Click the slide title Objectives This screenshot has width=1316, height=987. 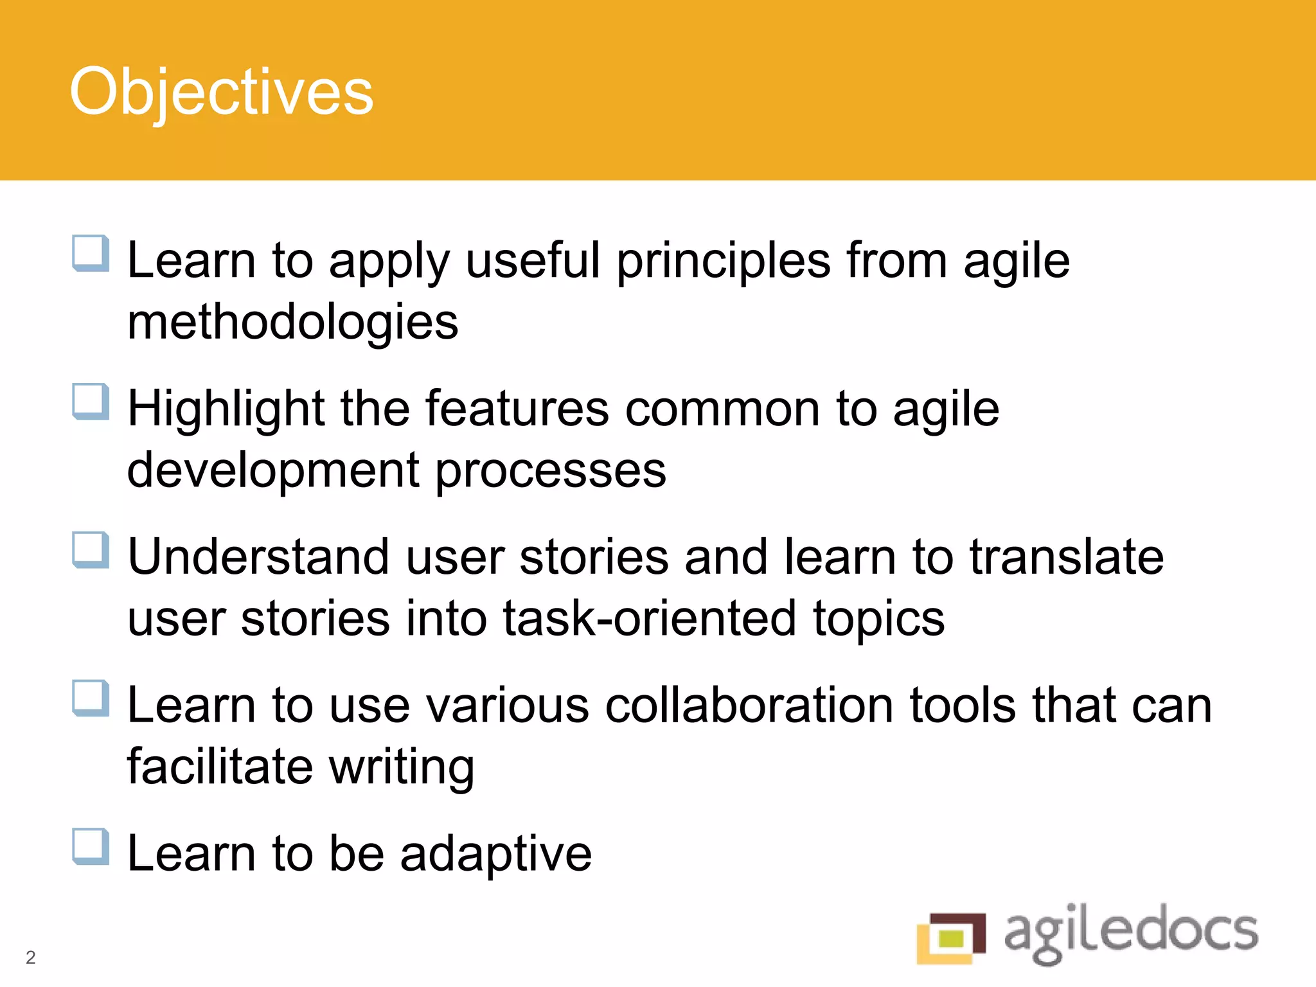(221, 93)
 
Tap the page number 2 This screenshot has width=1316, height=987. (30, 957)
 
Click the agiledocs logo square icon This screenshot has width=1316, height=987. (951, 938)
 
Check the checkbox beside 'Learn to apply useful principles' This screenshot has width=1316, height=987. (90, 253)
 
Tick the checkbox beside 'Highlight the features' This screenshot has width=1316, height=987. (90, 402)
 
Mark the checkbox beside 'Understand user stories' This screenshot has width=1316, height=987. (90, 550)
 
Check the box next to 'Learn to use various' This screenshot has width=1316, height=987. (90, 698)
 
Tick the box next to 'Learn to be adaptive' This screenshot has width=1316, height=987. (90, 846)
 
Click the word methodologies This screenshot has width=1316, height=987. (292, 322)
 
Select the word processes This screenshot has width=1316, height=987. (551, 471)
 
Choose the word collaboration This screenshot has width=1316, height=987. (749, 706)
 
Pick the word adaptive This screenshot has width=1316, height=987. (495, 854)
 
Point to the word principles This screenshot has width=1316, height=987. (724, 262)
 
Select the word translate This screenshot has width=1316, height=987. (1067, 557)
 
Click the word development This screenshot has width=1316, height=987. (273, 471)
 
